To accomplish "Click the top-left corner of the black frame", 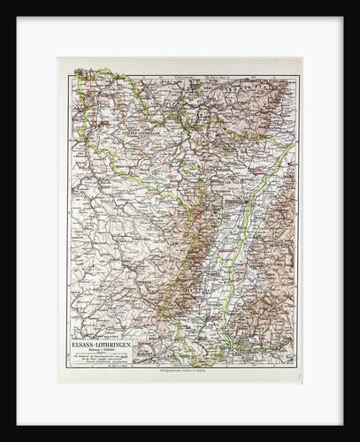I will click(3, 3).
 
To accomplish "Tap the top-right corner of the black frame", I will click(356, 3).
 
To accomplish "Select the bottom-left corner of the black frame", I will click(3, 438).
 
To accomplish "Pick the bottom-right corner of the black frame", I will click(356, 438).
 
